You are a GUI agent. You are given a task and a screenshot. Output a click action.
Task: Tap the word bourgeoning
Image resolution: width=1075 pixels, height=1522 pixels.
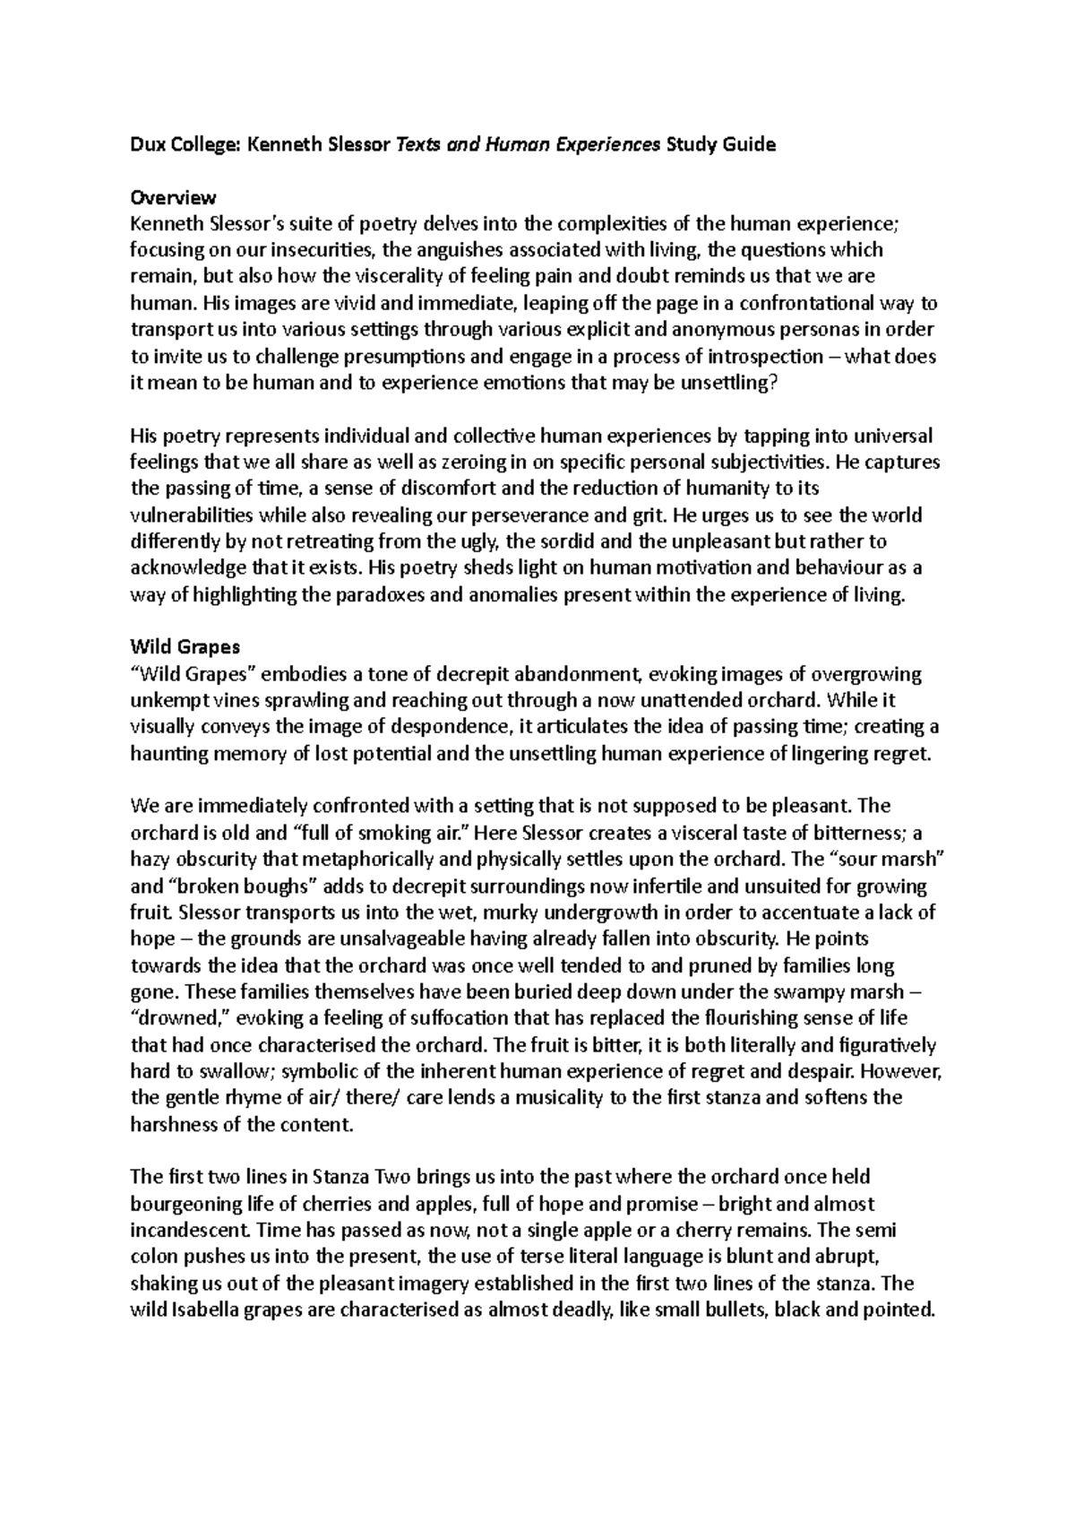187,1203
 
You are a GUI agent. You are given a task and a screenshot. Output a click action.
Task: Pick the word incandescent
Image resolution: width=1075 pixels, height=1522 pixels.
191,1229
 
